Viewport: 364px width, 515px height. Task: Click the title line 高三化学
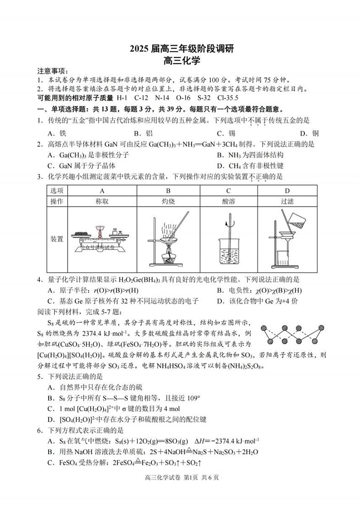click(x=182, y=59)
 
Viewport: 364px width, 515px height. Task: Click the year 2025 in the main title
click(x=139, y=48)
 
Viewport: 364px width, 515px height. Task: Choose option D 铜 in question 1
click(x=309, y=133)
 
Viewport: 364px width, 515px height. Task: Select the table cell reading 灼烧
click(x=168, y=201)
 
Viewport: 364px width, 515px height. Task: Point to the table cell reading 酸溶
click(x=228, y=201)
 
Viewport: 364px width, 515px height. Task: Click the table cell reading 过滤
click(x=287, y=201)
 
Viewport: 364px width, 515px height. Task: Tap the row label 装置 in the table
click(x=57, y=239)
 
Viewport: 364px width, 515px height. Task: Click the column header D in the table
click(x=287, y=190)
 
